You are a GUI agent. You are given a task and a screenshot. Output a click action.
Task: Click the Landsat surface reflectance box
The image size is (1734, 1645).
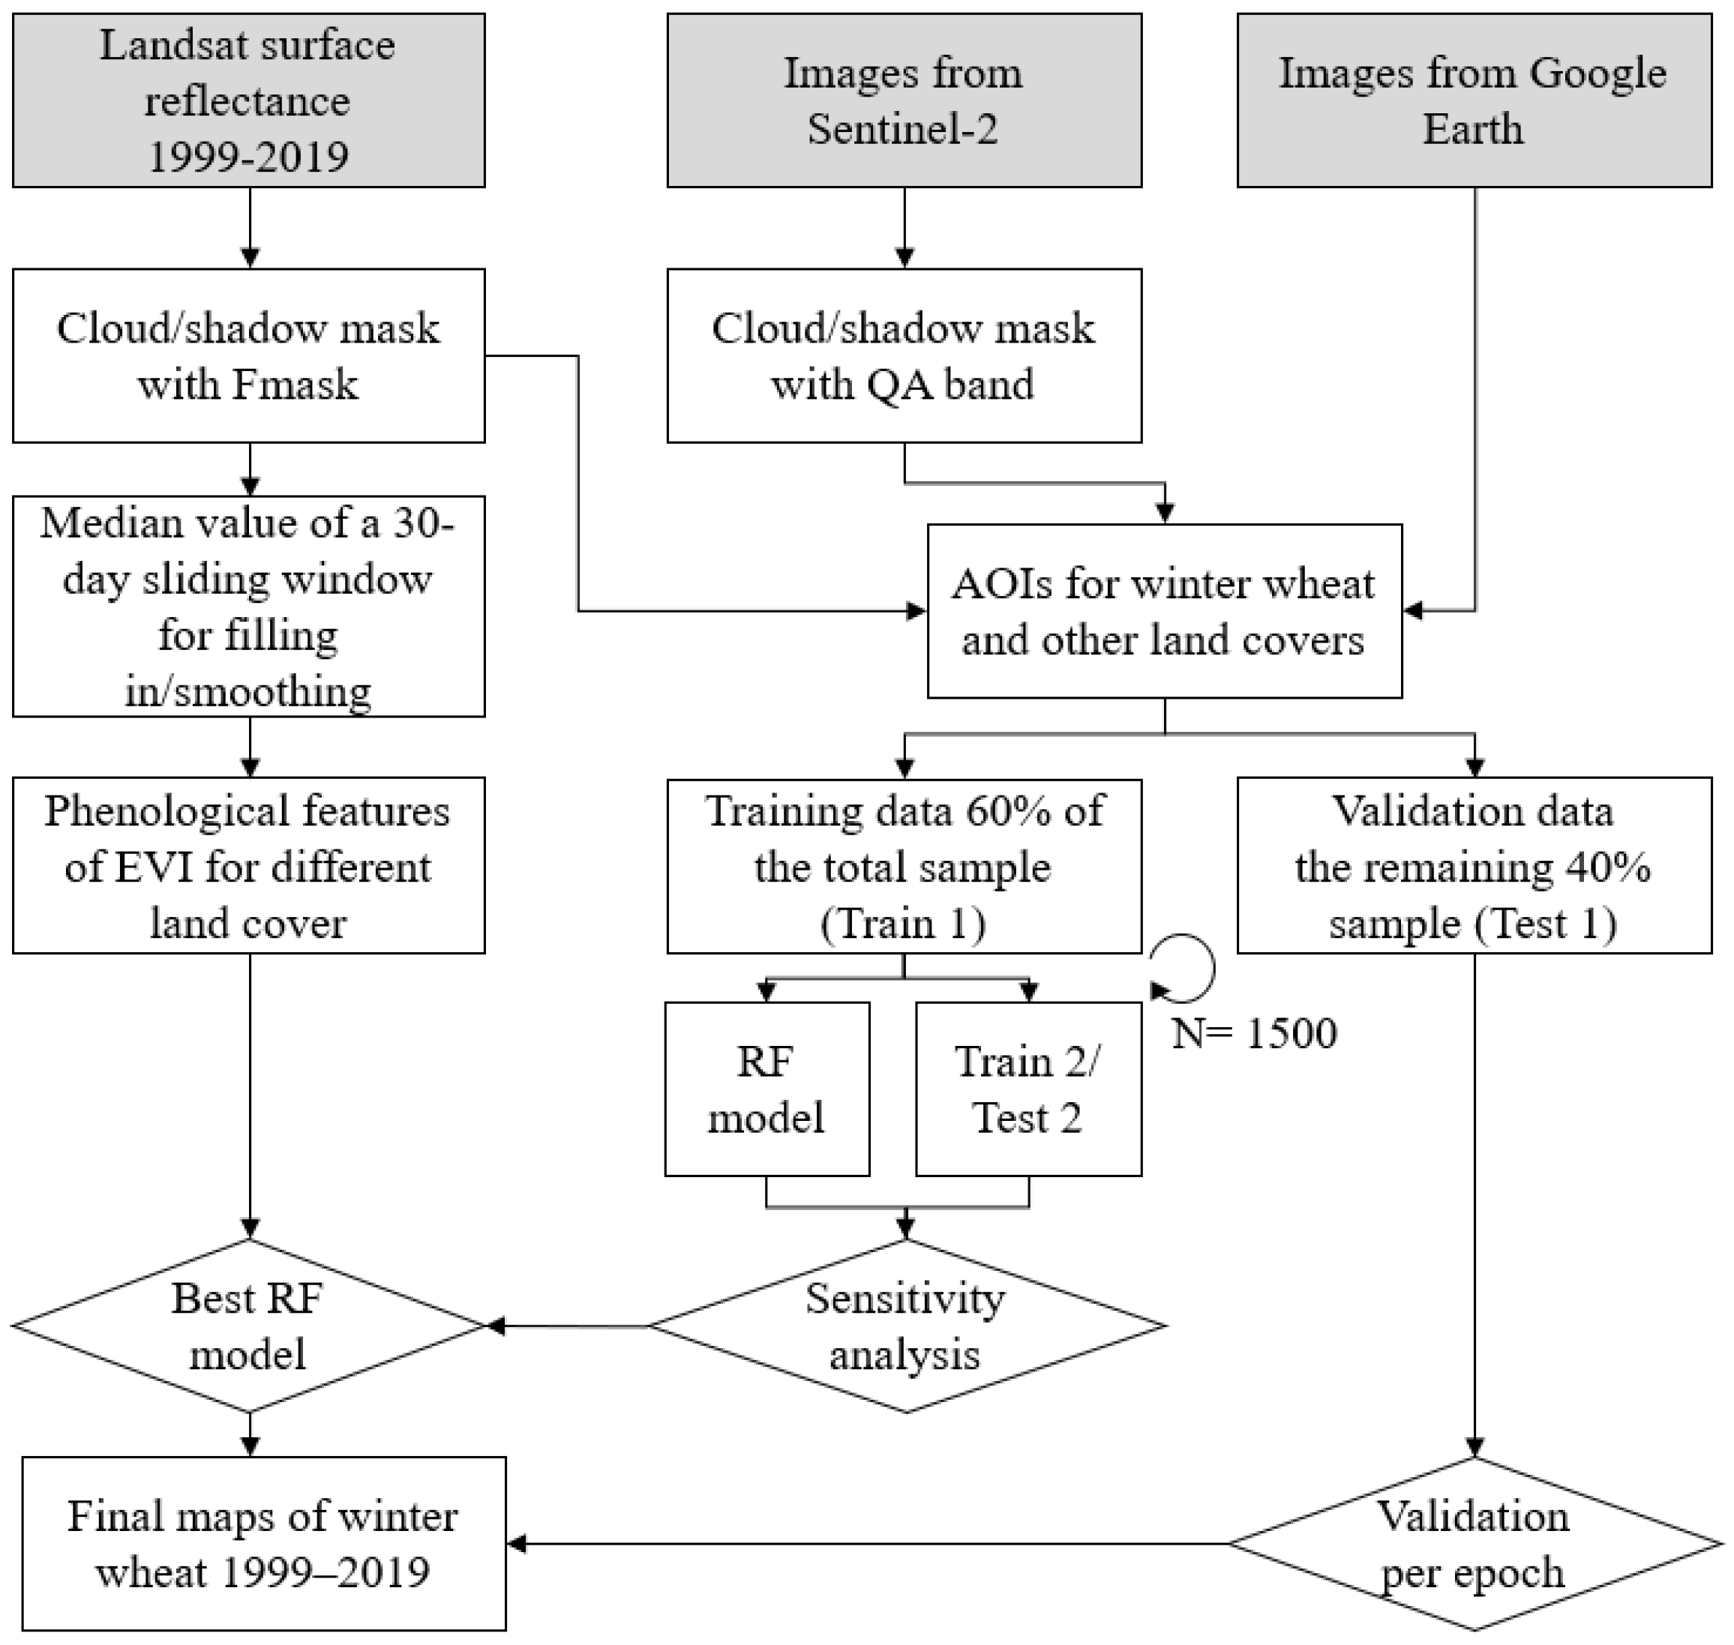(248, 99)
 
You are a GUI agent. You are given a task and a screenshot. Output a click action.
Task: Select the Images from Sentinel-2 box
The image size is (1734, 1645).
(904, 99)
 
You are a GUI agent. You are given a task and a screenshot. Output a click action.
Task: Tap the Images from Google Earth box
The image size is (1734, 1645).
(1474, 99)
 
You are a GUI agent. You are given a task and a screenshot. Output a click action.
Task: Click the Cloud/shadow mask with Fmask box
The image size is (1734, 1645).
(248, 355)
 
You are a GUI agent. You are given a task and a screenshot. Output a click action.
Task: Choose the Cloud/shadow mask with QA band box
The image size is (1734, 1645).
(904, 355)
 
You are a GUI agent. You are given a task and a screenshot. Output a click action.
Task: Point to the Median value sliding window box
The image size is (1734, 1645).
(248, 606)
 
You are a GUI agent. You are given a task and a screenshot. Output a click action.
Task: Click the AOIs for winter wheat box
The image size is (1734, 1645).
(1164, 611)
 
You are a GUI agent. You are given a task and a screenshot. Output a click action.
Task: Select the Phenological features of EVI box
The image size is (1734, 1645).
(248, 865)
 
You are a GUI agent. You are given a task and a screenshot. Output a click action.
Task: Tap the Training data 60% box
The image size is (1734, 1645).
(904, 865)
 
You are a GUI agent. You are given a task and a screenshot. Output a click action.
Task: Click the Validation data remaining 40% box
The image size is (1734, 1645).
(1474, 865)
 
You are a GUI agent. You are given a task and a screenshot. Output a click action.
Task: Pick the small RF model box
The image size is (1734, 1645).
(766, 1089)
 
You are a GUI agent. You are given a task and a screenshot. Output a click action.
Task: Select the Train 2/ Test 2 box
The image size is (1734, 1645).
(1028, 1089)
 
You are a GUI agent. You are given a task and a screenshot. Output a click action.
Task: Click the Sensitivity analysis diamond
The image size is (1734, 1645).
(906, 1326)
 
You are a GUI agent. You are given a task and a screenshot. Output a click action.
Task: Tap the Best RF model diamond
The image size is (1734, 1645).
(248, 1326)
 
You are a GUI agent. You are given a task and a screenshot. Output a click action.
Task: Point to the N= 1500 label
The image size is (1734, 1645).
(1254, 1033)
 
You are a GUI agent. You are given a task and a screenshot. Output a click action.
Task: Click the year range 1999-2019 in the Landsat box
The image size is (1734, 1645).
(248, 157)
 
